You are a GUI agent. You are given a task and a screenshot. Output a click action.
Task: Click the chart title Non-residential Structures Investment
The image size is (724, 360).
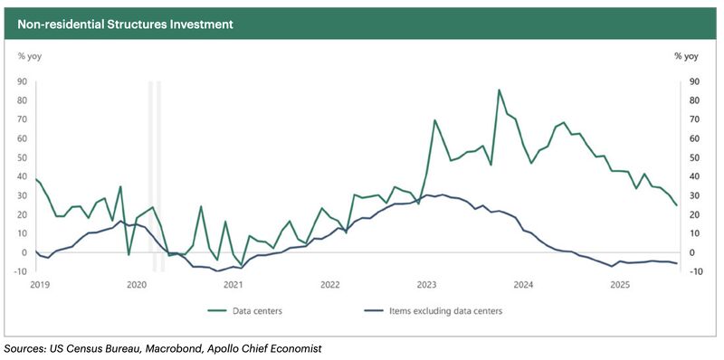[x=125, y=24]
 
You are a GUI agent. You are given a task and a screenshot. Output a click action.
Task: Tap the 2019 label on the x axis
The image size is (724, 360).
[x=42, y=285]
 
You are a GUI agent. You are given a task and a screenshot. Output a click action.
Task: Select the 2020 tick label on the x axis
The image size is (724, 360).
[x=137, y=285]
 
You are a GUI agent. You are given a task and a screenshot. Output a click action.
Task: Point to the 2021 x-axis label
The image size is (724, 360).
[x=233, y=285]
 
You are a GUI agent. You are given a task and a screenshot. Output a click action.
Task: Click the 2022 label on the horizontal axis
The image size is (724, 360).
[x=329, y=285]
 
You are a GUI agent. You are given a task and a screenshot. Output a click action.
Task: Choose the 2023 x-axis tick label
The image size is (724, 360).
[x=426, y=285]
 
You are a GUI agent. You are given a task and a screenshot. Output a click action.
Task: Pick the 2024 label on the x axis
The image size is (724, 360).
[x=523, y=285]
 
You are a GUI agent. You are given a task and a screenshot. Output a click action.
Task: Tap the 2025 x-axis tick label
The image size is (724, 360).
[x=620, y=285]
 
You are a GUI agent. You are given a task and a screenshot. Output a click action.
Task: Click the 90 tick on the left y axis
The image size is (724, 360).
[x=24, y=81]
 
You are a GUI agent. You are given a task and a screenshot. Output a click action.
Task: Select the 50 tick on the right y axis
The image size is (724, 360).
[x=695, y=157]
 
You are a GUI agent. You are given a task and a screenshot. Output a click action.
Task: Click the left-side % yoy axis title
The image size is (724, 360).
[x=30, y=56]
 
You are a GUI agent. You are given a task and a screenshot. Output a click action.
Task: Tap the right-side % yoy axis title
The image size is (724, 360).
[x=686, y=56]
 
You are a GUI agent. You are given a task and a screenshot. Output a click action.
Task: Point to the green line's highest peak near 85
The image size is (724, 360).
[x=499, y=90]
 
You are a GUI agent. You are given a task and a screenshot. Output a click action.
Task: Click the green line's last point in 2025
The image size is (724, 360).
[x=677, y=205]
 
